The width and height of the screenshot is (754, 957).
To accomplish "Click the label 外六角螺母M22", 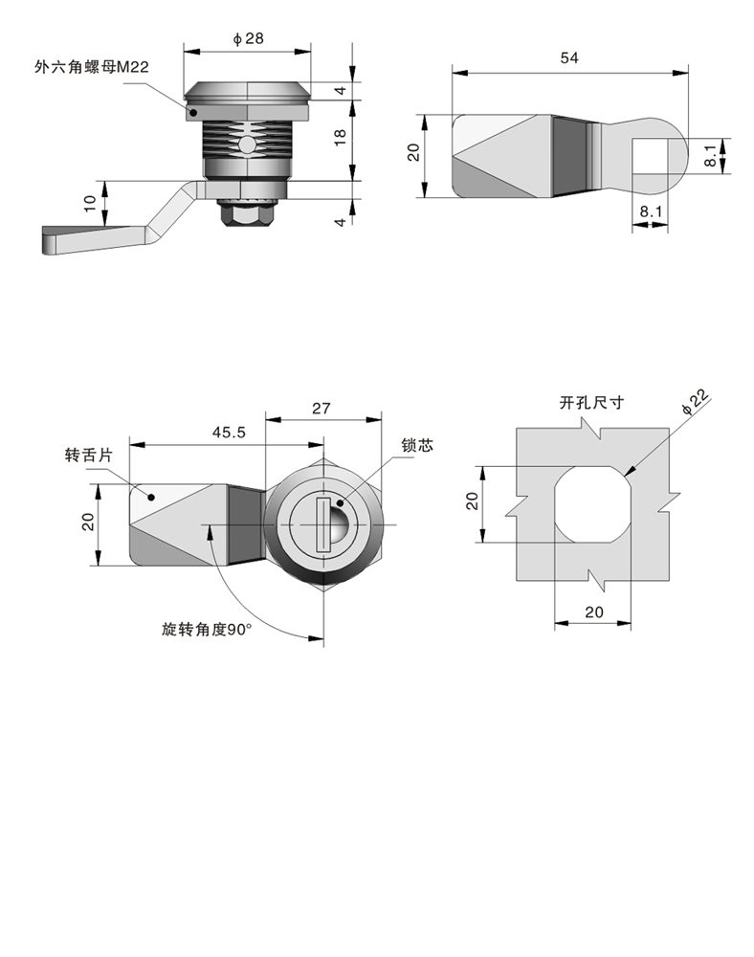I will [x=93, y=66].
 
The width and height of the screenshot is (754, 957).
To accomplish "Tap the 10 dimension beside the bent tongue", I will [x=90, y=202].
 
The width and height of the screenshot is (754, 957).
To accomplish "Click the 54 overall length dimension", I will [x=570, y=58].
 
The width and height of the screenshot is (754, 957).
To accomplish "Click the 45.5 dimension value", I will [x=229, y=432].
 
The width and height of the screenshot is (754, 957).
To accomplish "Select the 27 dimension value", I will [x=322, y=408].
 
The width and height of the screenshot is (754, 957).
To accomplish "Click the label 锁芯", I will [x=418, y=446].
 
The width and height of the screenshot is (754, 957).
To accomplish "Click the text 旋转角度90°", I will [x=206, y=630].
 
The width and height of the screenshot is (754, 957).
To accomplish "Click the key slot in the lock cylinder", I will [x=322, y=525].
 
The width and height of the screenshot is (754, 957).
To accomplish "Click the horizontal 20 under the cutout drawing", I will [x=592, y=612].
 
